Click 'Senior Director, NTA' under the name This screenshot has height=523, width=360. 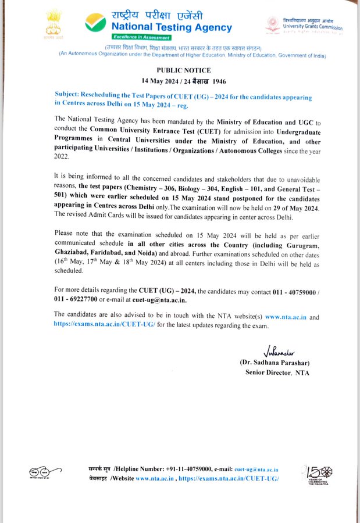pos(277,372)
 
